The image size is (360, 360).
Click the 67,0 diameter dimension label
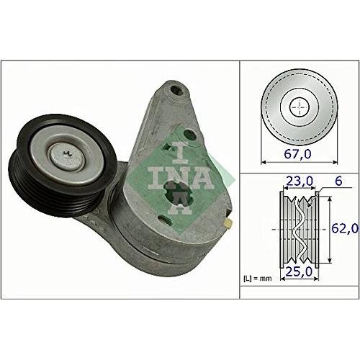(x=297, y=154)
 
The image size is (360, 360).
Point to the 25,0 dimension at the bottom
(x=299, y=271)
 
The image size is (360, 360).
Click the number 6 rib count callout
(x=338, y=181)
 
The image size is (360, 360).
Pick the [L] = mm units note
(x=258, y=279)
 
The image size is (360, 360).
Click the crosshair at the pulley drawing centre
(x=300, y=107)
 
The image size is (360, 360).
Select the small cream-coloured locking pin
(x=228, y=224)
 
